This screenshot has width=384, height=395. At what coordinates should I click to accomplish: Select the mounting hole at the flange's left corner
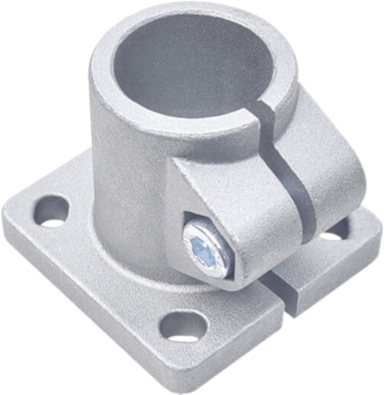click(51, 211)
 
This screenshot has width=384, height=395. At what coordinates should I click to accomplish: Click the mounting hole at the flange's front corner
click(183, 329)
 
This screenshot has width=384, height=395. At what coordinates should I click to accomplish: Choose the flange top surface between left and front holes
click(113, 272)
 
